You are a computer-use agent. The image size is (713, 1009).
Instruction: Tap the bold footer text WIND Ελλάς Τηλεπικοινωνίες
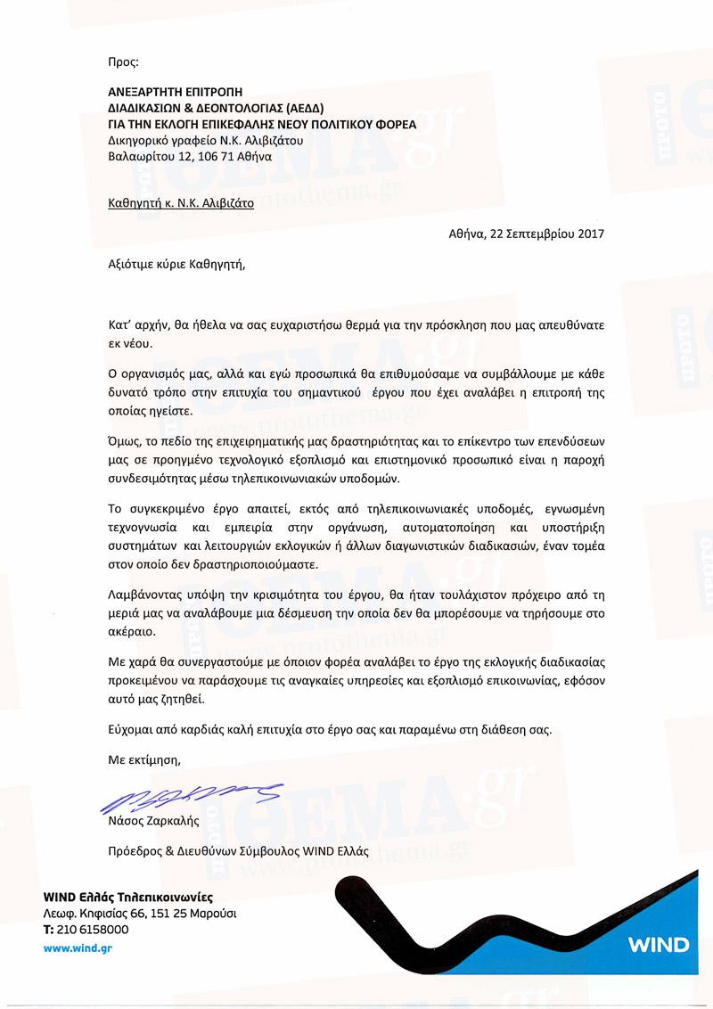(128, 897)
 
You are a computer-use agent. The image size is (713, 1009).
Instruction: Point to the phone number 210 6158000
(93, 929)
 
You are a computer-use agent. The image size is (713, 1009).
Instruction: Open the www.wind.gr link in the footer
(78, 947)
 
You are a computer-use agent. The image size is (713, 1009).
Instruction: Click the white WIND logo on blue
(658, 944)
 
